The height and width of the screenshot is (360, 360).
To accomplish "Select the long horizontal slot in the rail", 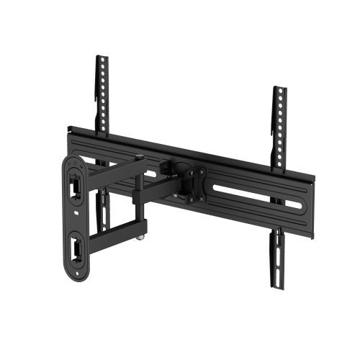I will (248, 195).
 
